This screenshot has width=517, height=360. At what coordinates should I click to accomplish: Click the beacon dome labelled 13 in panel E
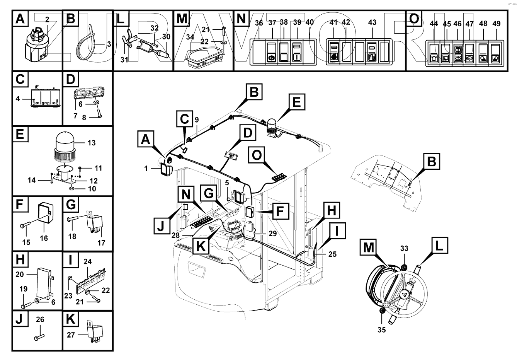(x=65, y=142)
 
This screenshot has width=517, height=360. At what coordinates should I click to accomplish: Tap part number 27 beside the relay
(x=71, y=334)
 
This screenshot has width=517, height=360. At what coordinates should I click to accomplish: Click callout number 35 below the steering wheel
(x=381, y=330)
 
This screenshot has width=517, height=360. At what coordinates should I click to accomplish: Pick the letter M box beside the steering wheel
(x=369, y=247)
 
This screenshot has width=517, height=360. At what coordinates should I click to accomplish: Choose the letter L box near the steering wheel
(x=439, y=245)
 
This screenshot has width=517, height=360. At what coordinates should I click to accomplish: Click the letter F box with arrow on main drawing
(x=280, y=211)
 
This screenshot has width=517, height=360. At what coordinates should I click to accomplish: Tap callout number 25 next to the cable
(x=332, y=254)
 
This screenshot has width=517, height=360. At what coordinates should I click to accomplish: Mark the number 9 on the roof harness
(x=197, y=119)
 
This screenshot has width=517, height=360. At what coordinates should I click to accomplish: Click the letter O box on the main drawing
(x=257, y=155)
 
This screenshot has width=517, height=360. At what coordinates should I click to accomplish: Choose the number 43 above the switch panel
(x=372, y=22)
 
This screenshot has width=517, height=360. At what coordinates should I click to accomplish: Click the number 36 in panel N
(x=259, y=23)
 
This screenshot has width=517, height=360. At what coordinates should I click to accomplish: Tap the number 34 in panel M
(x=190, y=37)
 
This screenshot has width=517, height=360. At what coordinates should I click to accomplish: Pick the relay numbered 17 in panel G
(x=95, y=223)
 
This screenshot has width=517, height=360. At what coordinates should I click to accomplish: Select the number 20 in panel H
(x=20, y=274)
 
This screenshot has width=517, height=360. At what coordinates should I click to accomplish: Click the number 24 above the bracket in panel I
(x=88, y=261)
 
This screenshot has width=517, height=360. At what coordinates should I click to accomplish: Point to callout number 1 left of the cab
(x=146, y=168)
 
